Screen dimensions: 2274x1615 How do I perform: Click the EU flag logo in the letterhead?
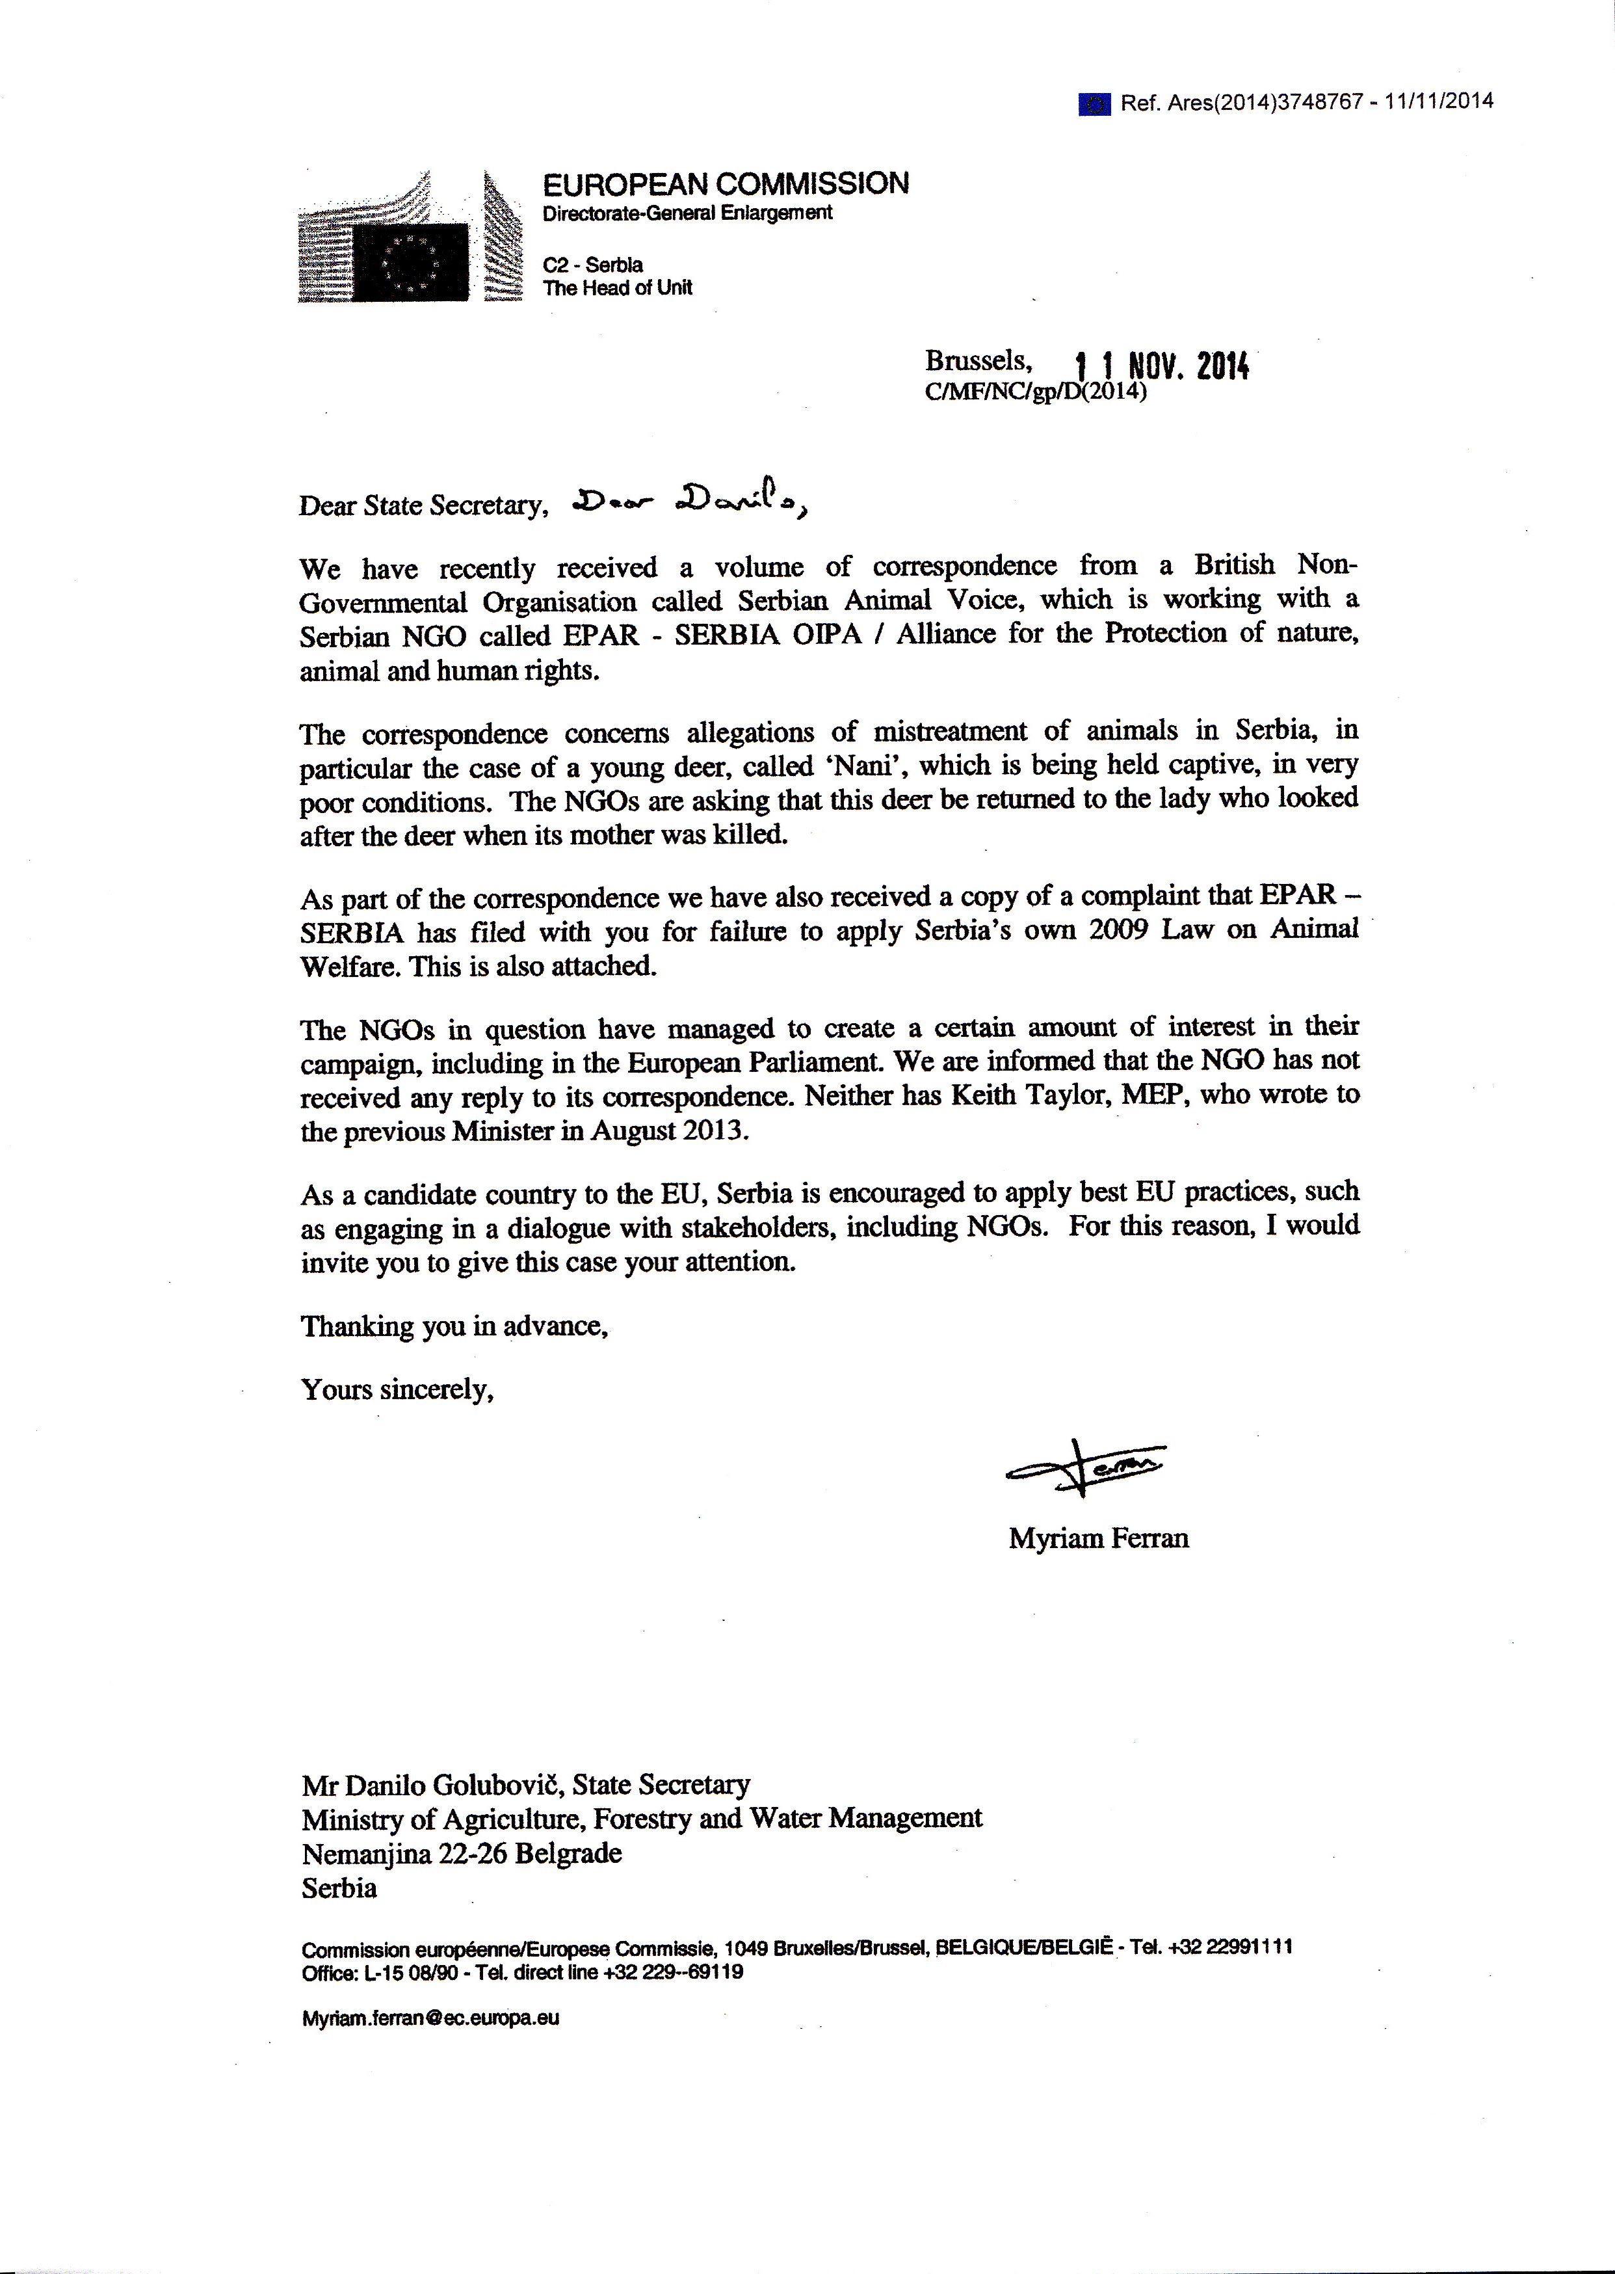pos(411,261)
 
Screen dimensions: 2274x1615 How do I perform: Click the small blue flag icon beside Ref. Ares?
pos(1094,103)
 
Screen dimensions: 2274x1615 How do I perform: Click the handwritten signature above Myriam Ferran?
pos(1086,1468)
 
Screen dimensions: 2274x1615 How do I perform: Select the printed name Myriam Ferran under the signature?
pos(1098,1539)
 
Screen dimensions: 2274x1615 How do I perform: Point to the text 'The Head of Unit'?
pos(616,288)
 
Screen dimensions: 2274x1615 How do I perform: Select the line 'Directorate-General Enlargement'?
pos(687,213)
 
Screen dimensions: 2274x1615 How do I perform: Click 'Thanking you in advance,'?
pos(454,1326)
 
